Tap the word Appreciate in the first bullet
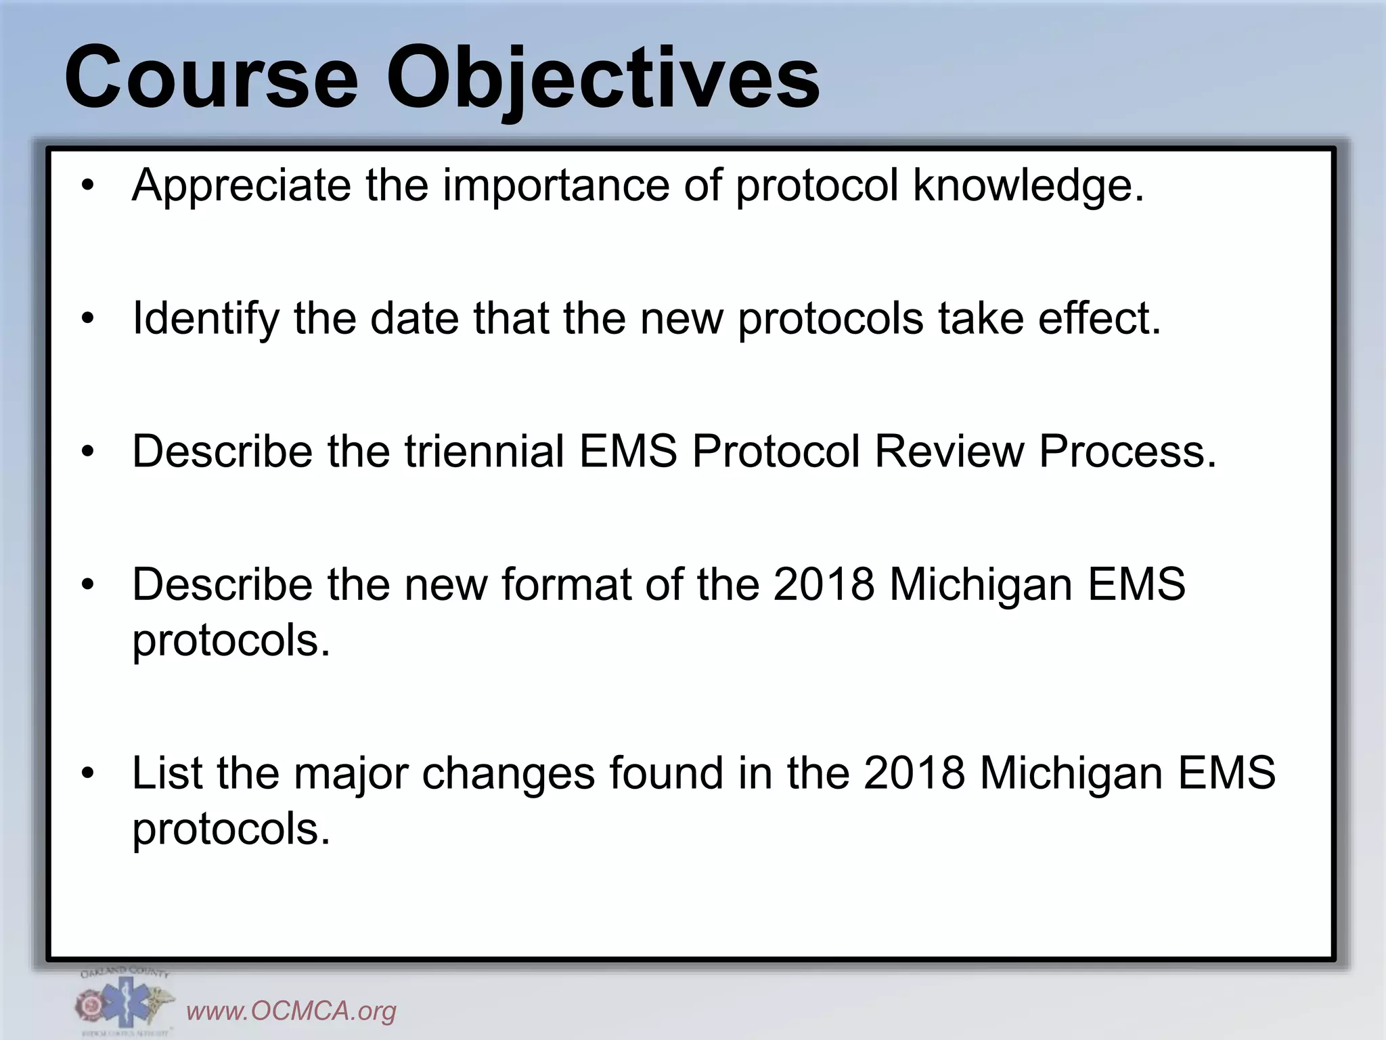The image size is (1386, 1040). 242,185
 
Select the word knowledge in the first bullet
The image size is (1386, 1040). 1027,185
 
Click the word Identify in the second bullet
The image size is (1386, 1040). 206,318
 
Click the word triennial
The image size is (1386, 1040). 485,451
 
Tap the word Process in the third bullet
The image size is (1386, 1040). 1127,451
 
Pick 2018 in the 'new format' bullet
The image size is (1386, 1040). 824,584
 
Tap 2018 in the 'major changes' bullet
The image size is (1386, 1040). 914,773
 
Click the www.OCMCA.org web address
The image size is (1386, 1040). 291,1011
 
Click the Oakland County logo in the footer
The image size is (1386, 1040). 124,1003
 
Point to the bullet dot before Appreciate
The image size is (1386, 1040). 88,186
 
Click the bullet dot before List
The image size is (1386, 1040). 88,773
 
